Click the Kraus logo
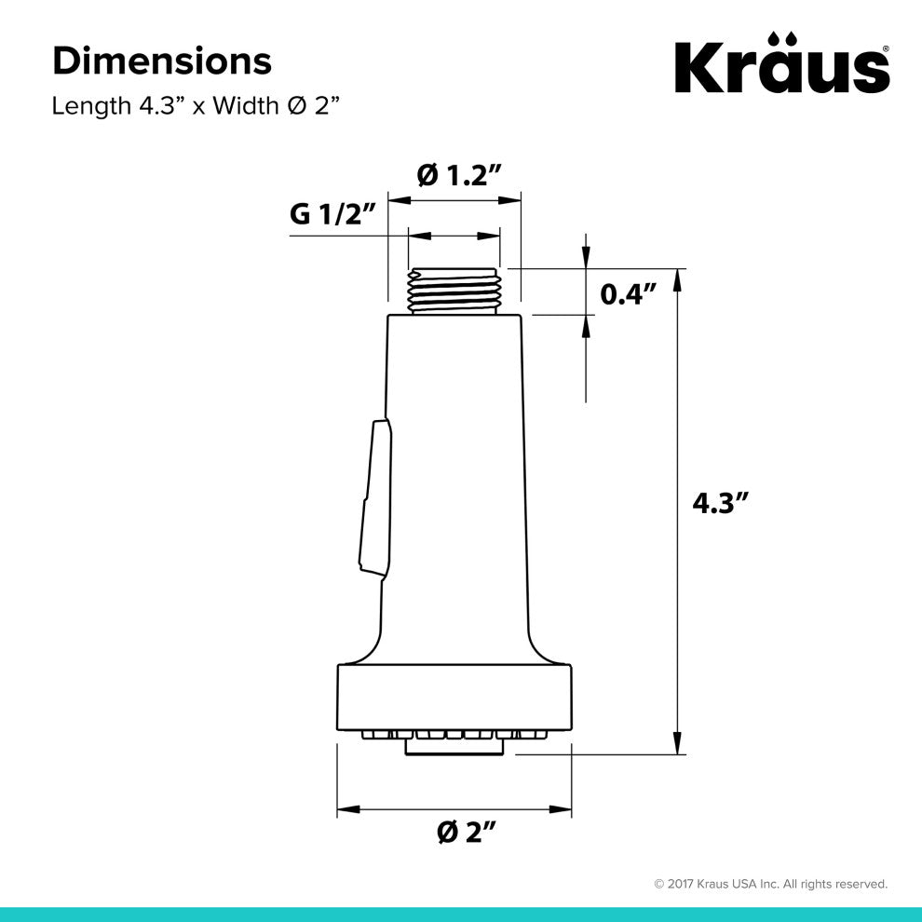click(x=780, y=66)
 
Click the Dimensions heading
click(x=162, y=61)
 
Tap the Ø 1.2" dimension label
click(x=458, y=174)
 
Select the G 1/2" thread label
click(x=332, y=215)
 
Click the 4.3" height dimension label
click(x=720, y=503)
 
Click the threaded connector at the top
click(x=454, y=291)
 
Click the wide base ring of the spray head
click(x=454, y=697)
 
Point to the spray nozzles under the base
click(x=454, y=738)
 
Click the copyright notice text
click(x=770, y=884)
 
